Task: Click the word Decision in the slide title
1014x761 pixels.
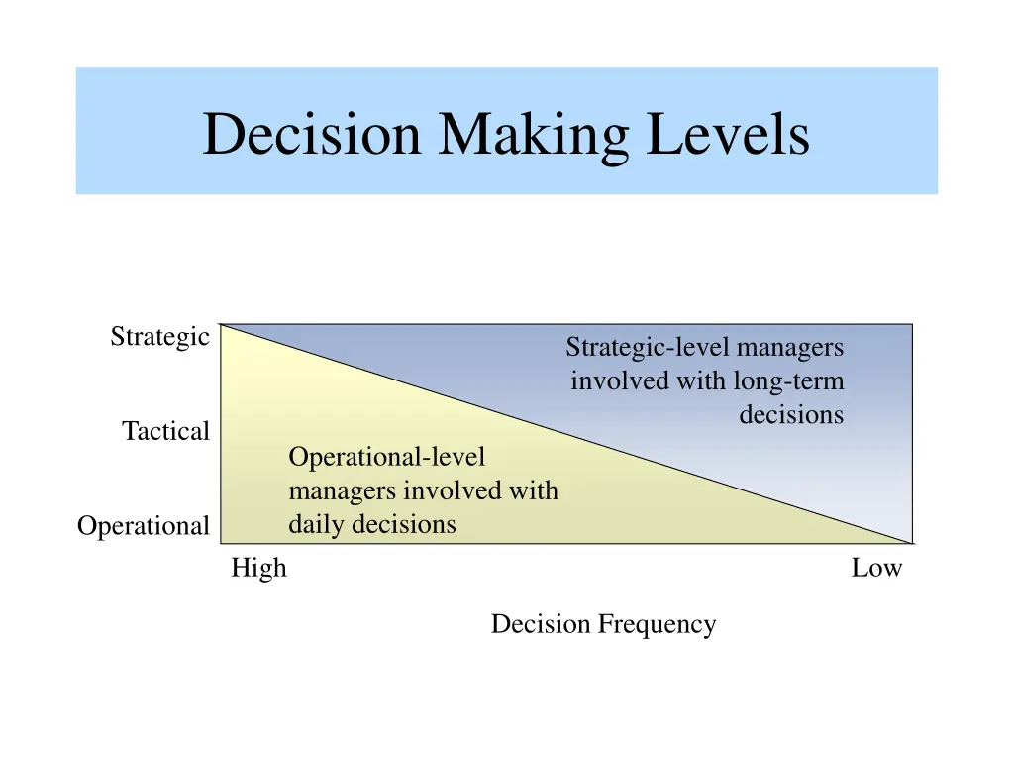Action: (311, 135)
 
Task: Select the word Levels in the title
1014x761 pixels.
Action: (728, 135)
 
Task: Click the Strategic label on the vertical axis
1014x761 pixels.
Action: (159, 337)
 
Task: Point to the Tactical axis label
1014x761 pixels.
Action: (165, 431)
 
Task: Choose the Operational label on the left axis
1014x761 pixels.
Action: (144, 526)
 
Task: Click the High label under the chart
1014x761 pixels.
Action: (258, 568)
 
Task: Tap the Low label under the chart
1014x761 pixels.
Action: (876, 568)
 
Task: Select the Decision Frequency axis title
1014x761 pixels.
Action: (603, 624)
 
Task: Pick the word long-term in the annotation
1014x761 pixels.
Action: (788, 380)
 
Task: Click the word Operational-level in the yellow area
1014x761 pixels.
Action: (387, 457)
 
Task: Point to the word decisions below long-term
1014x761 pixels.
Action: (791, 414)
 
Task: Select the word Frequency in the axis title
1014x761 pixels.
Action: (657, 624)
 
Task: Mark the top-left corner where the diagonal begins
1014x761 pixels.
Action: (221, 324)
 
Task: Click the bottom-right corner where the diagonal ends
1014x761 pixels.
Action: (911, 543)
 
